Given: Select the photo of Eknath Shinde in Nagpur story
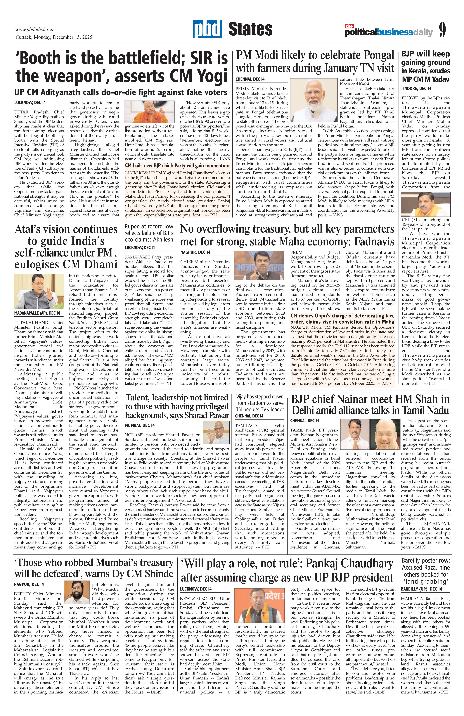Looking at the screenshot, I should click(x=77, y=599).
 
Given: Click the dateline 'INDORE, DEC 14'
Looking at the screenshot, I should click(x=417, y=89).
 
